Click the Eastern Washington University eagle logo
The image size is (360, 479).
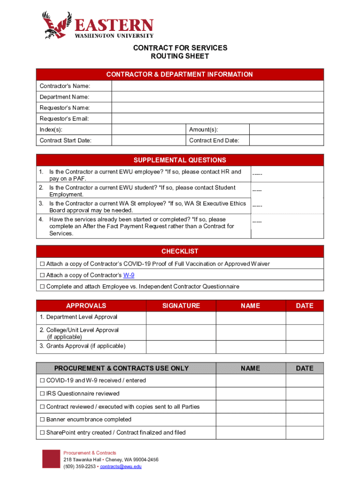coord(56,25)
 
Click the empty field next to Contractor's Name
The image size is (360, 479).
coord(217,86)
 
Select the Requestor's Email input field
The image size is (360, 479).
coord(217,119)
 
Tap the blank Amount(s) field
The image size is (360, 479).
coord(286,130)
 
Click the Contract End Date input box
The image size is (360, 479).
coord(286,140)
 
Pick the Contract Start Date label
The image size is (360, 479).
coord(65,140)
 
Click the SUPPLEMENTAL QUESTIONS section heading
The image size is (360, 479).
coord(180,160)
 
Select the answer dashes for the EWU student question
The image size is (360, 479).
coord(257,190)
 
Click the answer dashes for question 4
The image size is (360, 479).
coord(257,222)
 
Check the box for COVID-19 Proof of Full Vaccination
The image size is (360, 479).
coord(42,264)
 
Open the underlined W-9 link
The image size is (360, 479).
coord(129,275)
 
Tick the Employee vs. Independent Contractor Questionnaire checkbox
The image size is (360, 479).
coord(42,286)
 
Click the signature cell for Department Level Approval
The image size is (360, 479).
coord(181,318)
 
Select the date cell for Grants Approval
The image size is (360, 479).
coord(304,347)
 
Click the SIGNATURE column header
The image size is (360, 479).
coord(181,305)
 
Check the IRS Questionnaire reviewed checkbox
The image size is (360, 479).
coord(42,393)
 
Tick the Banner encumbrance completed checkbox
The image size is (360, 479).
coord(42,420)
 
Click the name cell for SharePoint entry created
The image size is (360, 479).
coord(251,433)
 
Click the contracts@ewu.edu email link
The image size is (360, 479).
coord(121,466)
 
